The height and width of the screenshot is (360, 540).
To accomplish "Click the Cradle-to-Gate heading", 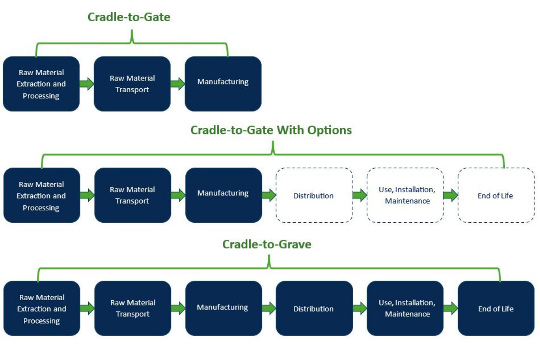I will (x=129, y=17).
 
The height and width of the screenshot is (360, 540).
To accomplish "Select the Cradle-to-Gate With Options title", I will (x=271, y=130).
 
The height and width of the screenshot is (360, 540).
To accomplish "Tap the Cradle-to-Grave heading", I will (x=267, y=244).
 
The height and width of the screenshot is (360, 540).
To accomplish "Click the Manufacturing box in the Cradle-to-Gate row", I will (x=223, y=84).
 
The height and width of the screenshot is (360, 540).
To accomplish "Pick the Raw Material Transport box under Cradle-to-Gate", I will (x=132, y=84).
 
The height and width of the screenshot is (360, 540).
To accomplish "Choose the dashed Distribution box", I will (x=314, y=195).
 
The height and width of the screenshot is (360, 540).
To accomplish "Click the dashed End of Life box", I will (x=495, y=195).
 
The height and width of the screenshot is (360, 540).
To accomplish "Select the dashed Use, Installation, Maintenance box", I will (x=405, y=195).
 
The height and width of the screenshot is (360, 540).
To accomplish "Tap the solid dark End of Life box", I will (x=495, y=308).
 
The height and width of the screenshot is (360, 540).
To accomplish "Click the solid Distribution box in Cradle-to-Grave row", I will (x=314, y=308).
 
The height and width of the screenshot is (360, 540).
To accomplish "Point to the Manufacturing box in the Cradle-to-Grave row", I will (x=223, y=308).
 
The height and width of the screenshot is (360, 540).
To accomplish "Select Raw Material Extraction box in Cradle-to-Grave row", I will (x=41, y=308).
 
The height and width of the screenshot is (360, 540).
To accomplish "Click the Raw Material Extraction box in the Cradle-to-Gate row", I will (x=41, y=84).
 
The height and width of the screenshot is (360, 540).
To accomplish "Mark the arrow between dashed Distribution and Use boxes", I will (x=360, y=195).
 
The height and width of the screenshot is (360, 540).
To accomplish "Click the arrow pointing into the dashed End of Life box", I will (x=450, y=195).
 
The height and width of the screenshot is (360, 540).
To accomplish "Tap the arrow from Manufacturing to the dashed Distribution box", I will (x=269, y=195).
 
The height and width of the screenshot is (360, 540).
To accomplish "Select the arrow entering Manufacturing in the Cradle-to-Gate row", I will (x=177, y=84).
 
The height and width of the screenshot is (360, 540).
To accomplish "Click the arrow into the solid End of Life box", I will (x=450, y=308).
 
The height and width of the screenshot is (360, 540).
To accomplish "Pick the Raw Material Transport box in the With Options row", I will (x=132, y=195).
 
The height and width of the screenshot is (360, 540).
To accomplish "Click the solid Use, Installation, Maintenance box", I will (x=405, y=308).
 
